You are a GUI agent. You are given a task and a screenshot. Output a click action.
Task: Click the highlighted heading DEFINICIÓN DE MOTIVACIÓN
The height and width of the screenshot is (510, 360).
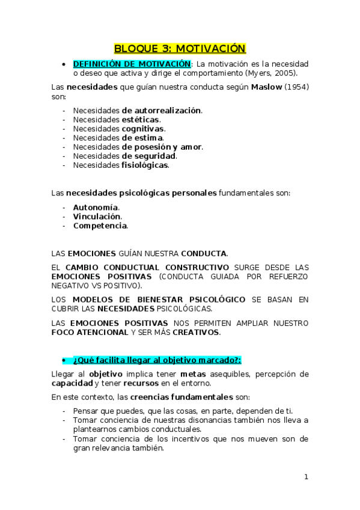132,64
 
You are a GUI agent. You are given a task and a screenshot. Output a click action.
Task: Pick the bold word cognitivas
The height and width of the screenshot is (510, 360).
142,128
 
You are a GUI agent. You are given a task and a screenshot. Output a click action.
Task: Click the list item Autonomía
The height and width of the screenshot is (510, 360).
96,207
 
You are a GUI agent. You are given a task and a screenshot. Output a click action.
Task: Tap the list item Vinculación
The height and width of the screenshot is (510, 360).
97,216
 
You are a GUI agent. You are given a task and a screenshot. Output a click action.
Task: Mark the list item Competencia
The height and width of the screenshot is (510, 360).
100,226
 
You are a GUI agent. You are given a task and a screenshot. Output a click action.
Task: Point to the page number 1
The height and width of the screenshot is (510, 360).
306,477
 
